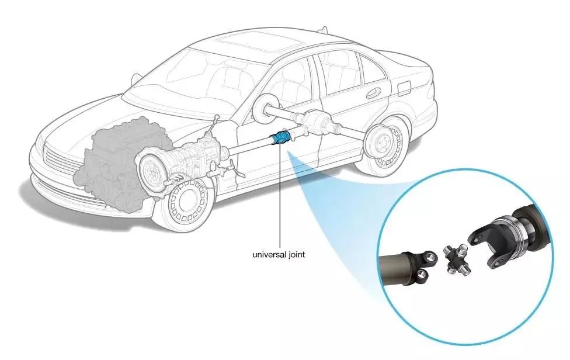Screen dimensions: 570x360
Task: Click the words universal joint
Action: (279, 255)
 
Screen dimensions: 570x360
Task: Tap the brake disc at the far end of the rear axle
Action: (266, 106)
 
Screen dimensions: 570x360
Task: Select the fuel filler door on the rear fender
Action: (403, 87)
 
